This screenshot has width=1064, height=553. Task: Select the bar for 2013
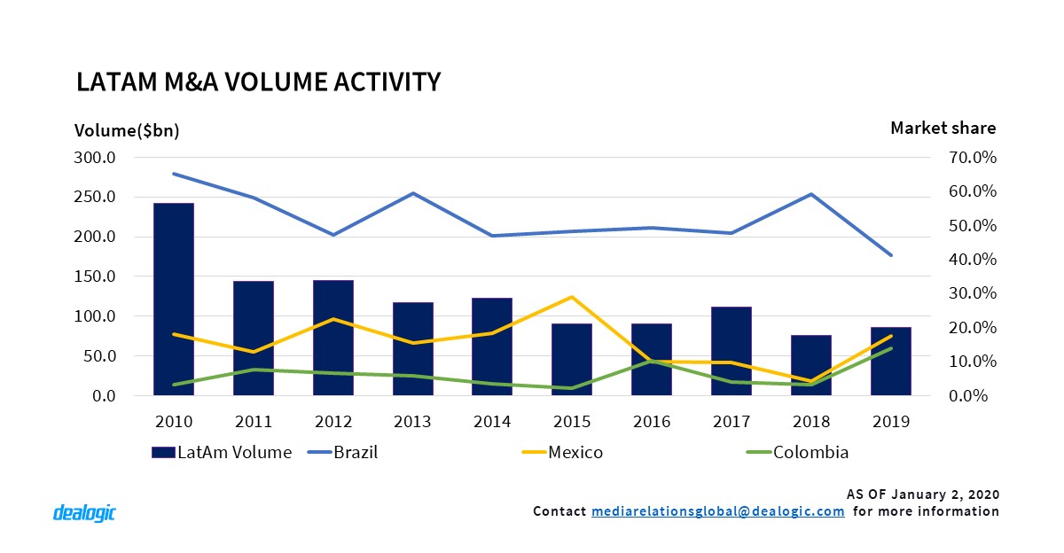coord(412,349)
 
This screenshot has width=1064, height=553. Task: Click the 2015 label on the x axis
coord(572,422)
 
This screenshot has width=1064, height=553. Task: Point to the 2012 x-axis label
coord(333,422)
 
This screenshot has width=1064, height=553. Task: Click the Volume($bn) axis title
coord(127,130)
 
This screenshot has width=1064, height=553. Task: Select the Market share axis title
coord(943,128)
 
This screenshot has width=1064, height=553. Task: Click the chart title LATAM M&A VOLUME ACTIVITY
coord(258,82)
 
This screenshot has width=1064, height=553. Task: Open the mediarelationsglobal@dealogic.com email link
coord(717,511)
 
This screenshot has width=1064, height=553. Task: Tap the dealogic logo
coord(84,512)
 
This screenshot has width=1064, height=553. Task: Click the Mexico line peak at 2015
coord(572,297)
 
